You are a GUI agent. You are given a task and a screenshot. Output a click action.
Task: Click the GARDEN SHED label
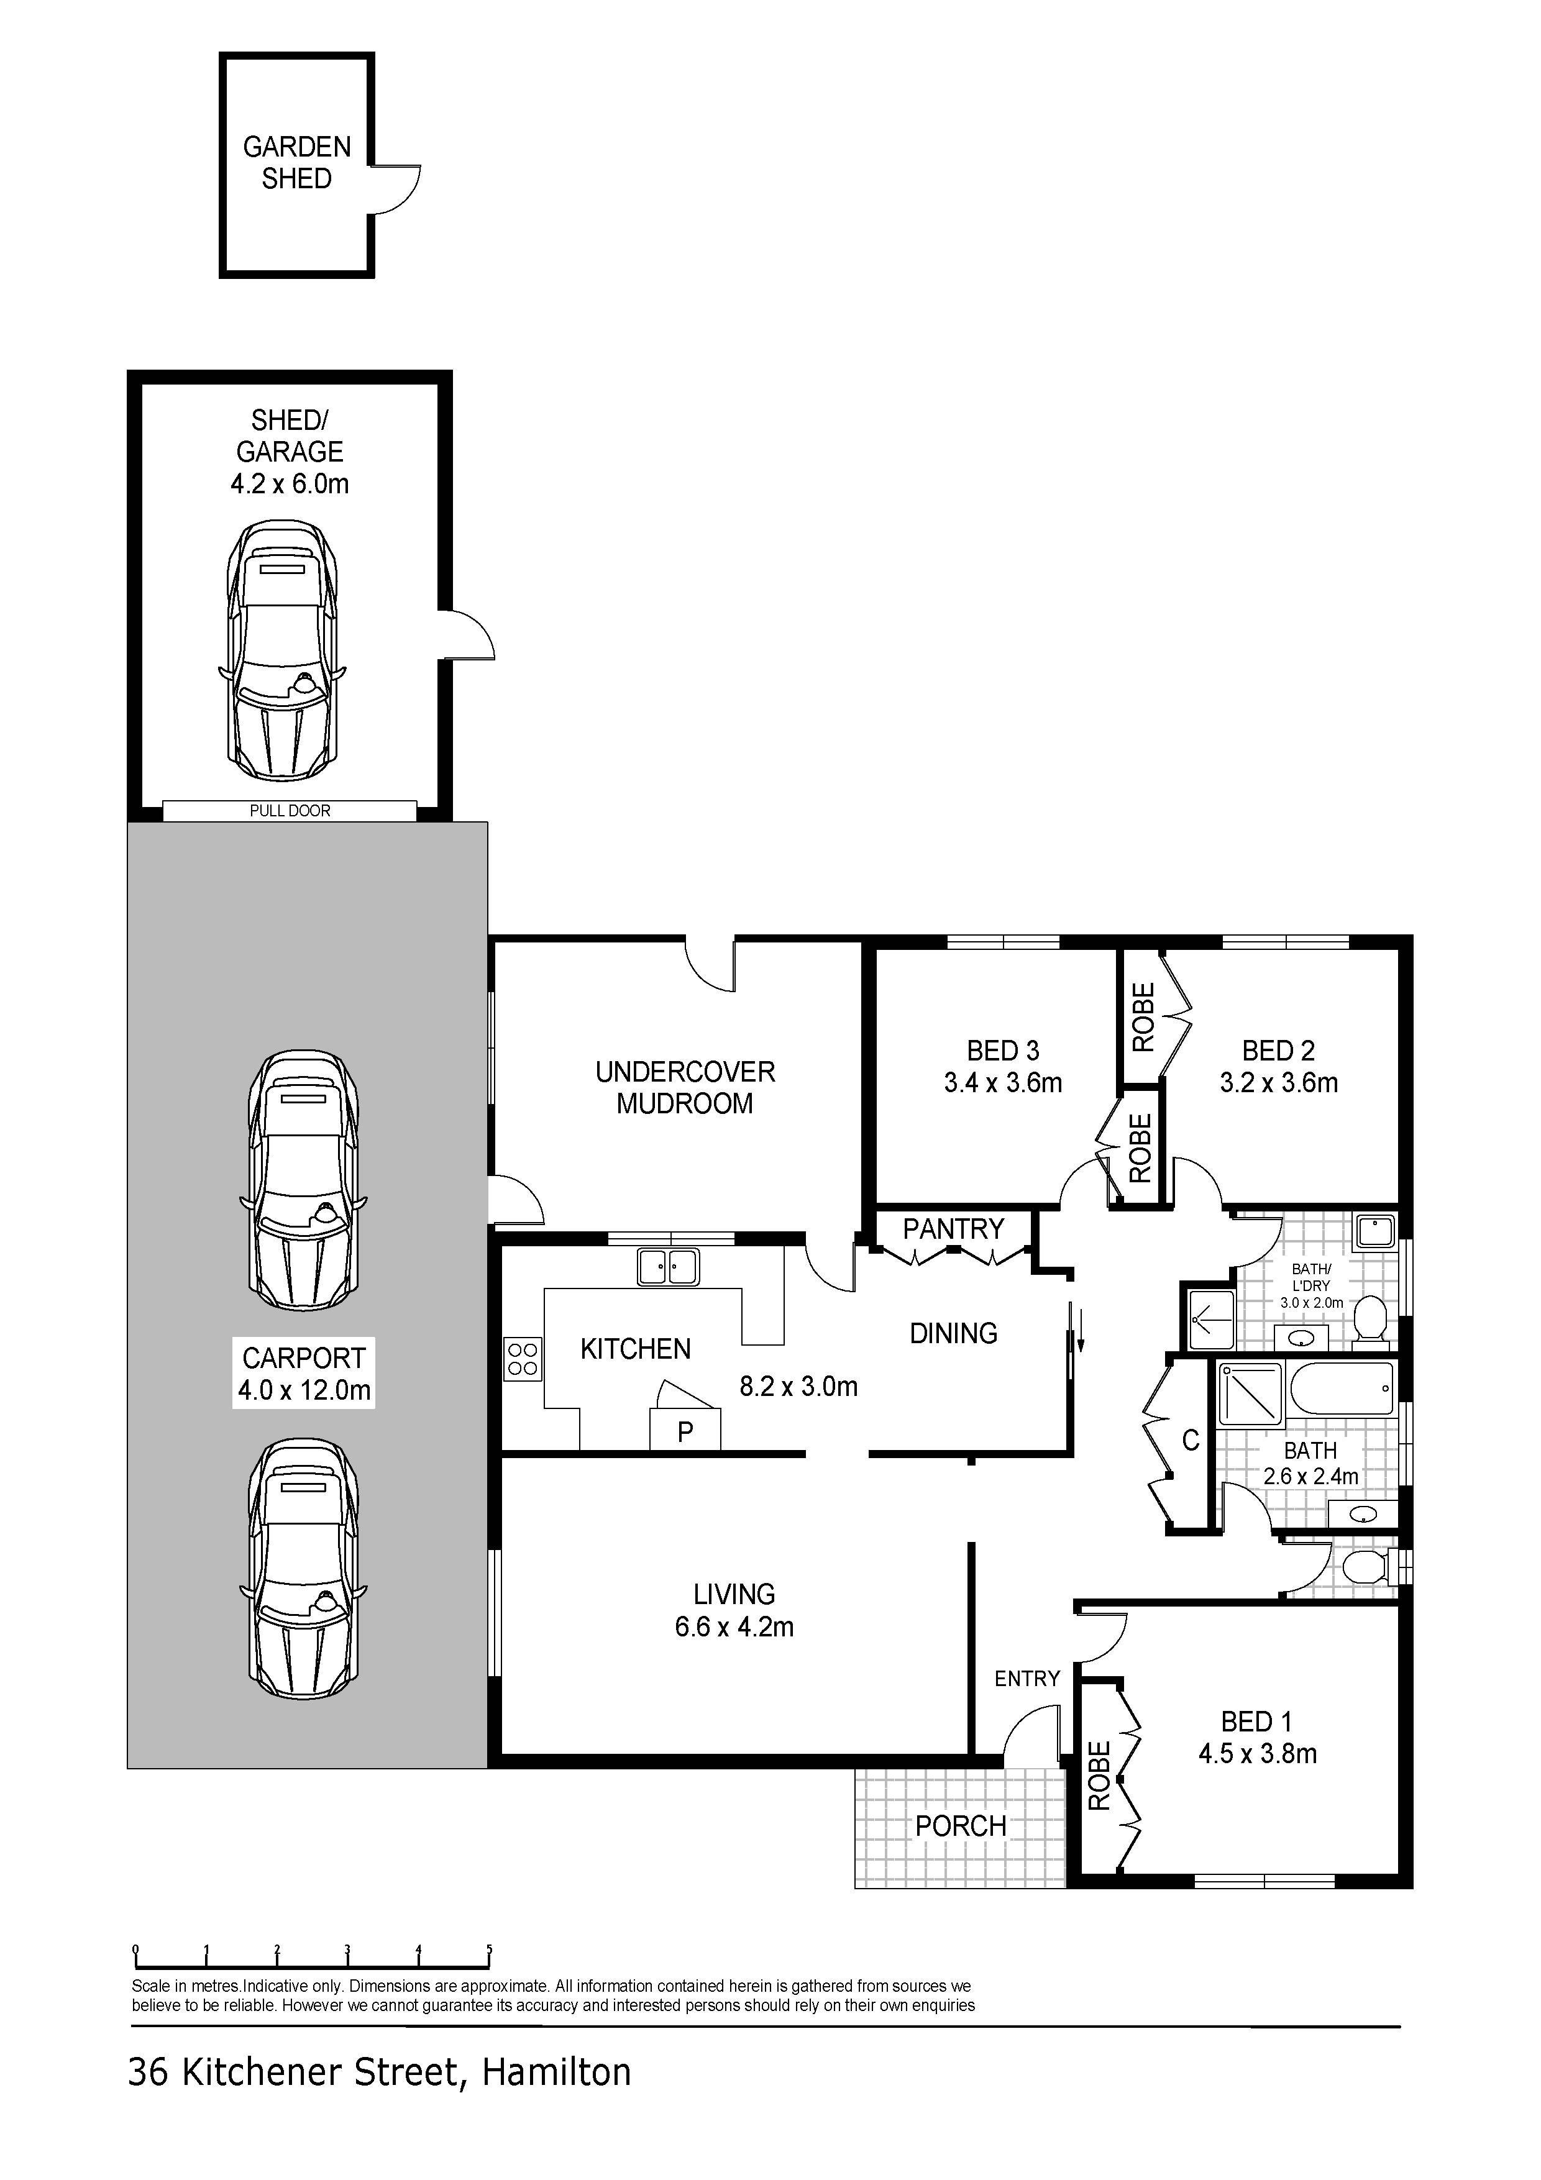(x=297, y=162)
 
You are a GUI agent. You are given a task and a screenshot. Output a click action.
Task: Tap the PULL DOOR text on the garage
(x=290, y=810)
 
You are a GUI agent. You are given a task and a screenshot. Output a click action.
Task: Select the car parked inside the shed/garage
(x=282, y=651)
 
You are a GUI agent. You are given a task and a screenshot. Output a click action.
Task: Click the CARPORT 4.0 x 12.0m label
(x=304, y=1373)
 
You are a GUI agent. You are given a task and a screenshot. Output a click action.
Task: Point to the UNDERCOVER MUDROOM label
(x=685, y=1087)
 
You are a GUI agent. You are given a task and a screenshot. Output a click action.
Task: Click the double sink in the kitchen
(x=669, y=1267)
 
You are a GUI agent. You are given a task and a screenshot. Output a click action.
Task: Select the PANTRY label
(x=953, y=1229)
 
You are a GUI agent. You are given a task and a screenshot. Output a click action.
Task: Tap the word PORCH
(x=960, y=1826)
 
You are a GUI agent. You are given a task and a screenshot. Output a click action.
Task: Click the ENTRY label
(x=1027, y=1679)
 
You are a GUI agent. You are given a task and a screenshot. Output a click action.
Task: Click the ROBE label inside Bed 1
(x=1099, y=1776)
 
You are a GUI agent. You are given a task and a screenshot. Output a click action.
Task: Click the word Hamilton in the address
(x=556, y=2072)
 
